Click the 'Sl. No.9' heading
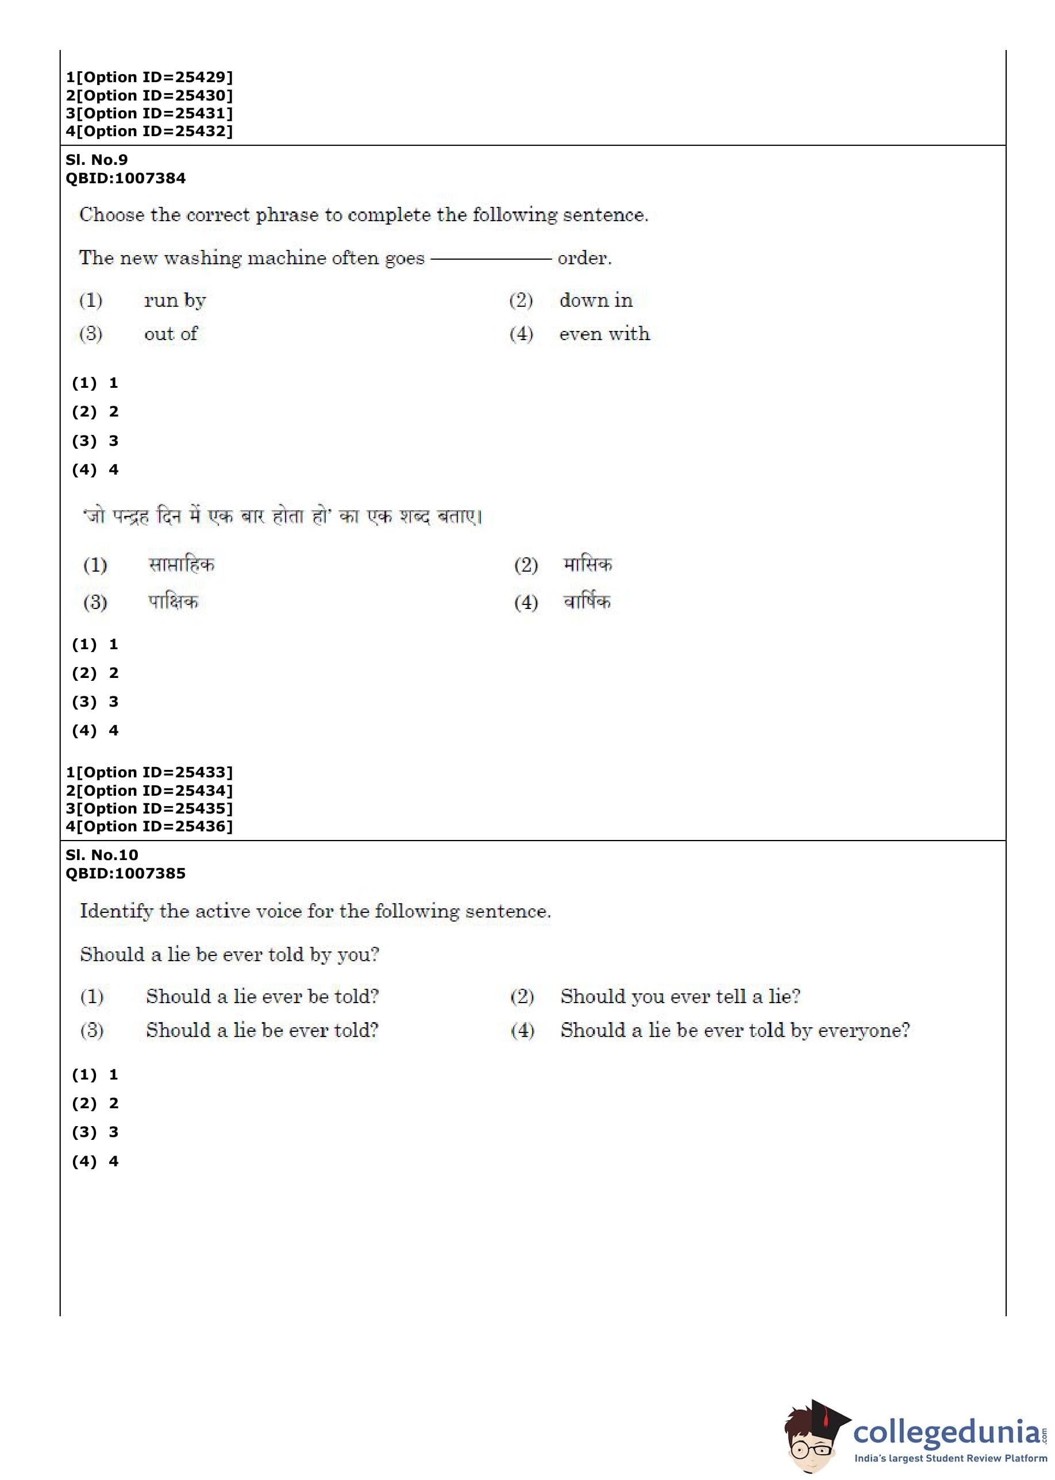[97, 160]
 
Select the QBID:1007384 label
[125, 178]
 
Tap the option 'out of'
[171, 334]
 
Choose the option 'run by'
[175, 300]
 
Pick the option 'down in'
[596, 300]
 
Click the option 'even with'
[604, 334]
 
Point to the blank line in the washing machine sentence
[491, 259]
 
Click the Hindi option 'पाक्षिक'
[173, 602]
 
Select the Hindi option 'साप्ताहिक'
[181, 564]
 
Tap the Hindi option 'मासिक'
[587, 564]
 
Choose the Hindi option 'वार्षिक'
[587, 602]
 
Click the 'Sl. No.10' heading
[102, 855]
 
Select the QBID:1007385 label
[125, 873]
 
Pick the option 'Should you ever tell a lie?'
[680, 996]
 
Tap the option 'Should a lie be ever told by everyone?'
[735, 1030]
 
